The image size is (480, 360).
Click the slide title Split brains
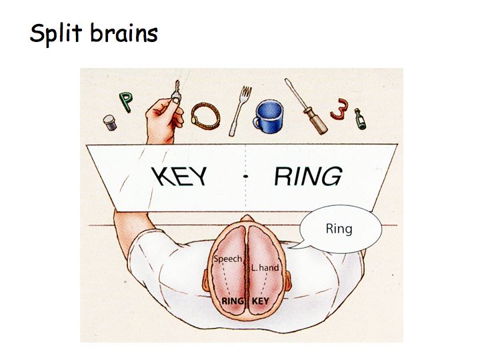(x=93, y=33)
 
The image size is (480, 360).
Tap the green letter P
(x=125, y=101)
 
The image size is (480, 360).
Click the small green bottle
(x=361, y=119)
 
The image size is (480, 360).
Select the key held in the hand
(x=175, y=91)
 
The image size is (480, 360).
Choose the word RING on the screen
(x=307, y=177)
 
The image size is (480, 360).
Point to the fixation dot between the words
(x=246, y=177)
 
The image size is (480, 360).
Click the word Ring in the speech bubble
(x=339, y=229)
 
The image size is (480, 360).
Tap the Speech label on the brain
(x=227, y=258)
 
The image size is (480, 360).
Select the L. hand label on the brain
(x=265, y=267)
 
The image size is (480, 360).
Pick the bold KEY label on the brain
(x=260, y=301)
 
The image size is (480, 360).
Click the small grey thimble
(x=109, y=122)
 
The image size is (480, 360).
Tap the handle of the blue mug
(x=255, y=123)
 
